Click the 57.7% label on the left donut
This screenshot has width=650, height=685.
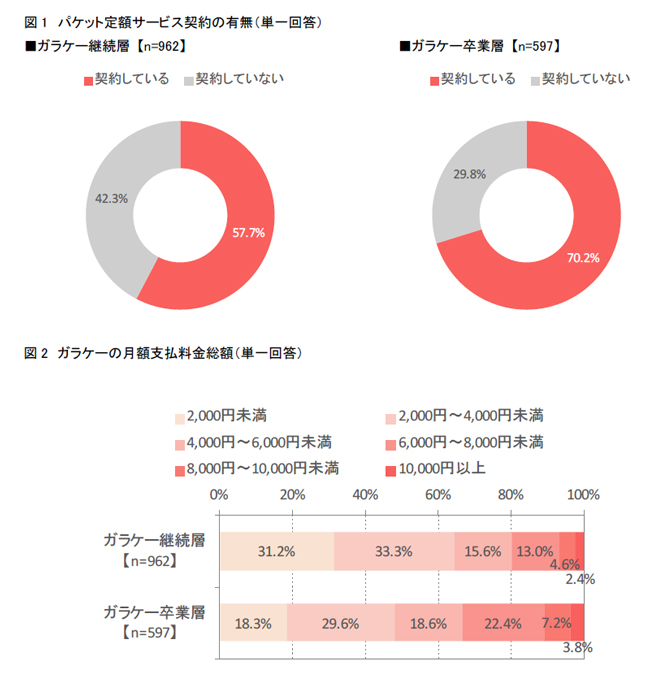click(x=248, y=233)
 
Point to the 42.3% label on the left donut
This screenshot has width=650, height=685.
click(x=111, y=199)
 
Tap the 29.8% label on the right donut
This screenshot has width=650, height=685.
click(x=470, y=174)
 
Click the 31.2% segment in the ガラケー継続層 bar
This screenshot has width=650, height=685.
click(x=277, y=551)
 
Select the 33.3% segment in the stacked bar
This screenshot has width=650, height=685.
click(x=394, y=551)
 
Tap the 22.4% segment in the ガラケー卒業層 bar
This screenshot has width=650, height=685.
click(x=503, y=624)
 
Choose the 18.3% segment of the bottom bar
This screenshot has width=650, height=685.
click(x=253, y=624)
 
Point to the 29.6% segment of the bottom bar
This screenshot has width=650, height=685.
click(x=341, y=624)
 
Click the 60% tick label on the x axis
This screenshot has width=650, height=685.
click(x=438, y=495)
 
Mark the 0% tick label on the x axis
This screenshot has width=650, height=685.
click(x=220, y=495)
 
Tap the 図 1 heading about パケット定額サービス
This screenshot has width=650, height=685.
click(x=174, y=20)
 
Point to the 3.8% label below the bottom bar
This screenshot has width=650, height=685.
click(x=576, y=647)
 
